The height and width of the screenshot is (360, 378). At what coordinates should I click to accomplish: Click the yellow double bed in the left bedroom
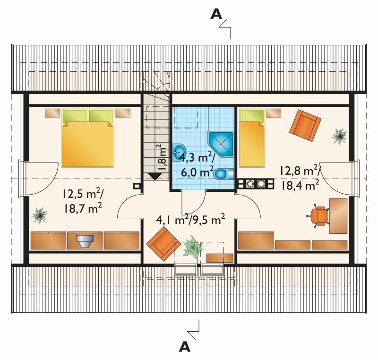point(87,138)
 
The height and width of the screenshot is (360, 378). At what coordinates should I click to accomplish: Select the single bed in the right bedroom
point(252,138)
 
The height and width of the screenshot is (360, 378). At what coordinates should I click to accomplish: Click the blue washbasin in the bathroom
point(179,153)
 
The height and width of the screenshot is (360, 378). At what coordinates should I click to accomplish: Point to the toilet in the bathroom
point(223,174)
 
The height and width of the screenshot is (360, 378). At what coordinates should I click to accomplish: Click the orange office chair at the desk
point(318,215)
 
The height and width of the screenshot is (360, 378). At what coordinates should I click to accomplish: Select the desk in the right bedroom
point(338,216)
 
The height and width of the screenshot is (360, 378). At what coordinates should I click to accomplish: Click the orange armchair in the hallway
point(163,244)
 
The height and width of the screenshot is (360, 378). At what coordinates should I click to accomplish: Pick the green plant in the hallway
point(193,247)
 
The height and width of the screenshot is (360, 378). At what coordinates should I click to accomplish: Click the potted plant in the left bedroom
point(39,215)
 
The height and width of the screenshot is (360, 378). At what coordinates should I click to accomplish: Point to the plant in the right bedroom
point(339,137)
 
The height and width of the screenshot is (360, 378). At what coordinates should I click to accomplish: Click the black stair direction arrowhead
point(154,177)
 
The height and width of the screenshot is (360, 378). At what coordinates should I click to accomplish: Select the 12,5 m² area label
point(84,194)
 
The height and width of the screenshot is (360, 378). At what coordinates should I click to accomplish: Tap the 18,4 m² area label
point(300,185)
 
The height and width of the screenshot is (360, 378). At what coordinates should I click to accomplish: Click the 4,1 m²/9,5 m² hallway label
point(191,220)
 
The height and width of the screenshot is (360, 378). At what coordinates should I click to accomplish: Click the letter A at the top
point(216,14)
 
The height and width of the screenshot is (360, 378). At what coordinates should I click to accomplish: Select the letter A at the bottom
point(185,347)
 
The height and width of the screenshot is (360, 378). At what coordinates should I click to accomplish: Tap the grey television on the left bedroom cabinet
point(85,241)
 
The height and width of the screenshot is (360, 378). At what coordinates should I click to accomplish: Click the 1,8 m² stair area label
point(162,158)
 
